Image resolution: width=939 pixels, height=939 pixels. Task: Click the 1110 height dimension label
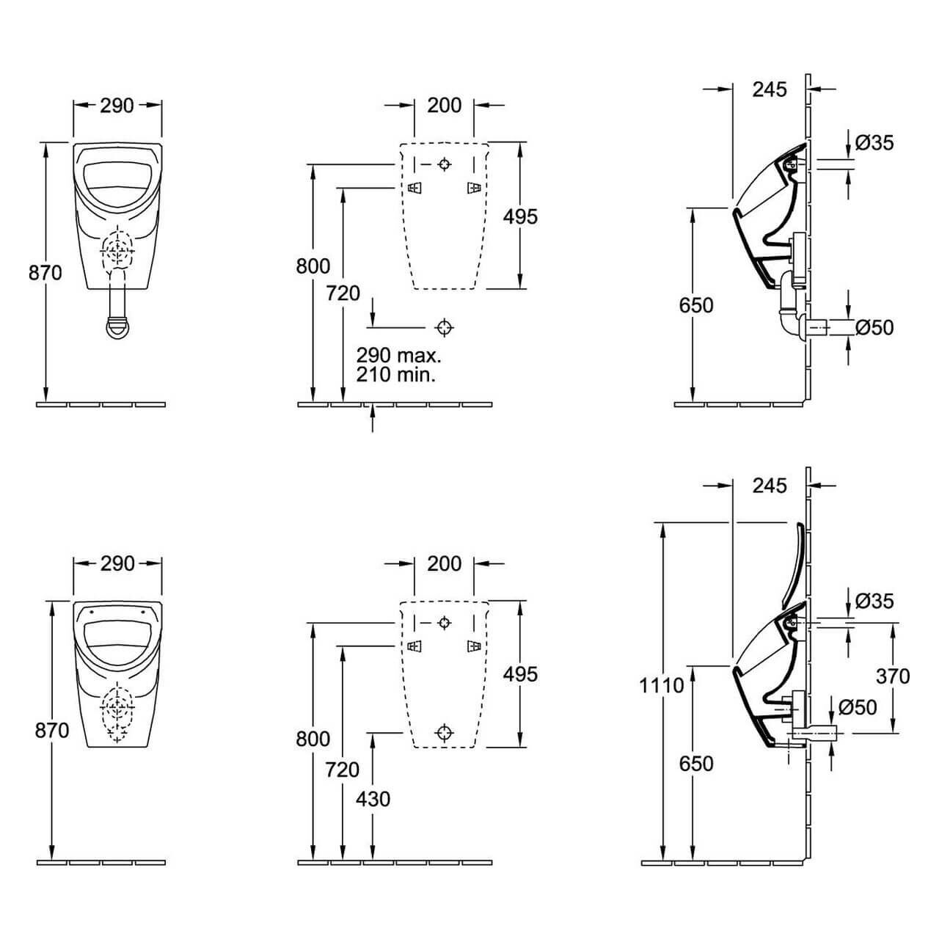point(661,686)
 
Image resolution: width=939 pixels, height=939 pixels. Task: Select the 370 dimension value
point(893,676)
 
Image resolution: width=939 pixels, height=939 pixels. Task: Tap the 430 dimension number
point(373,800)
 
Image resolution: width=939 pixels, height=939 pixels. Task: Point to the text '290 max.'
point(398,355)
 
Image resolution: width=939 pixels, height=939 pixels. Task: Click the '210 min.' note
point(395,375)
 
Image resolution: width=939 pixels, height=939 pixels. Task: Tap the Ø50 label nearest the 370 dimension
point(858,707)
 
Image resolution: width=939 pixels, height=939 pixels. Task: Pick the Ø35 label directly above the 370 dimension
point(874,601)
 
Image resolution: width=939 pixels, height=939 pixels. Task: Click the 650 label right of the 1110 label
point(696,764)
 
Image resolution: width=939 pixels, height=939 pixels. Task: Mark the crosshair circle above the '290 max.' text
point(443,327)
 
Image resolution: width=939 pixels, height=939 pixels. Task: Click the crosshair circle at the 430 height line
point(443,732)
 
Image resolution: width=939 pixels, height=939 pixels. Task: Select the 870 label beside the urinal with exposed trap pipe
point(45,273)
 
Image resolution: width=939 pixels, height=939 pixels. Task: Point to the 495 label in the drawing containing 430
point(520,674)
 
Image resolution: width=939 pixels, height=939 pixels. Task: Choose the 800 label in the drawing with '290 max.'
point(313,266)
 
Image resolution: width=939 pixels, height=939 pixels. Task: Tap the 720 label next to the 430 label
point(343,770)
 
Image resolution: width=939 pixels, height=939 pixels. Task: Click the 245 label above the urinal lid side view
point(770,486)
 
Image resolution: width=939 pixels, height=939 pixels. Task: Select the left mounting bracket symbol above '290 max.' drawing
point(414,188)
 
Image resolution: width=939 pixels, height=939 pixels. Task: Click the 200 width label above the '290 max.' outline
point(444,105)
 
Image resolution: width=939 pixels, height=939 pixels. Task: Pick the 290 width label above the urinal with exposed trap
point(117,105)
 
